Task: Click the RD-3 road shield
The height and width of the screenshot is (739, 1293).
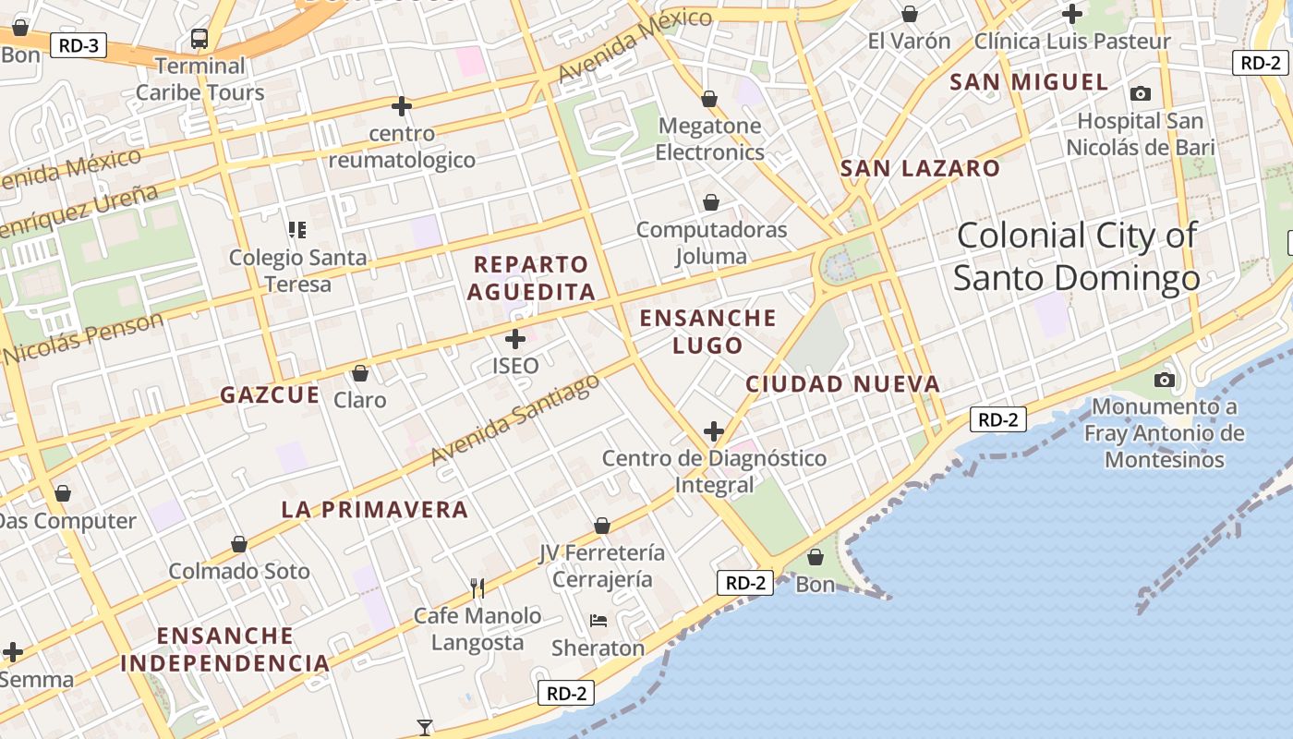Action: pos(79,45)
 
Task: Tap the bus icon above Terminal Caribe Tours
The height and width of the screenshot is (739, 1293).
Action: pos(199,39)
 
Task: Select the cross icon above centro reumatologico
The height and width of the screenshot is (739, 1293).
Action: pos(402,107)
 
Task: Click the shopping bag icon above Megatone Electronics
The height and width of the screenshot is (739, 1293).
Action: pos(709,99)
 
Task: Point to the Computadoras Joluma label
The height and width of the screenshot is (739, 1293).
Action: pos(711,242)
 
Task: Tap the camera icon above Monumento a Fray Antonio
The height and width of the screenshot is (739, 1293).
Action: pos(1165,380)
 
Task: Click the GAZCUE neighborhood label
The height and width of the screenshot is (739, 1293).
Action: pos(270,395)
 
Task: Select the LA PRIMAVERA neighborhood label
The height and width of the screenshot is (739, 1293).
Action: pos(375,510)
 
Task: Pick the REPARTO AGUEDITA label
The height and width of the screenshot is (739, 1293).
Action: pos(531,278)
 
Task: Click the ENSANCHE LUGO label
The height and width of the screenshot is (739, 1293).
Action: pos(708,332)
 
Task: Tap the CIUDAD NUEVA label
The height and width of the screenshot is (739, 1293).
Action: pos(842,384)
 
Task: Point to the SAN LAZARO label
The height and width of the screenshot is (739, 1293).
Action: pos(920,169)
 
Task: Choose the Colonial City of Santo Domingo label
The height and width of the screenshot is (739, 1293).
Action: pos(1077,256)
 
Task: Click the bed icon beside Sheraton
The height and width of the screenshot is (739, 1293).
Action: pos(598,621)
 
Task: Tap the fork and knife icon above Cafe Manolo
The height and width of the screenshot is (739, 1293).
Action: pos(477,588)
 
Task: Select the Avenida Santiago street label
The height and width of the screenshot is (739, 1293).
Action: pos(514,424)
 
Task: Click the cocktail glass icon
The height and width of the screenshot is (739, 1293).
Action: pos(425,727)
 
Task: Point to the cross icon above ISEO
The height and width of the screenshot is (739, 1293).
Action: pos(515,339)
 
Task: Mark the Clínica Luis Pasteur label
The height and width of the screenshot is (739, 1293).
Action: pos(1072,42)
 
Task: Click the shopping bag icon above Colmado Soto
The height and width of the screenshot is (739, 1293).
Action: pos(239,545)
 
